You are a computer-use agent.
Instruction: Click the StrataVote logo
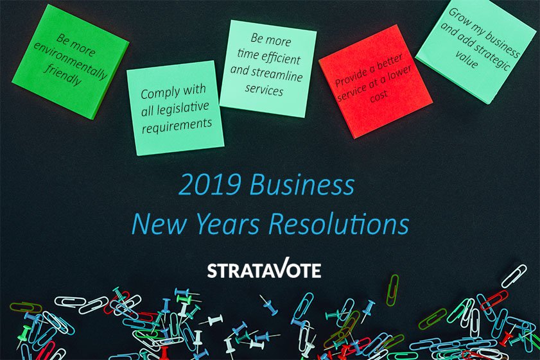click(x=264, y=270)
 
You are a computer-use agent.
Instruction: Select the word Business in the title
click(x=302, y=185)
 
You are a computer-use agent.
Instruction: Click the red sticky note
click(x=375, y=80)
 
